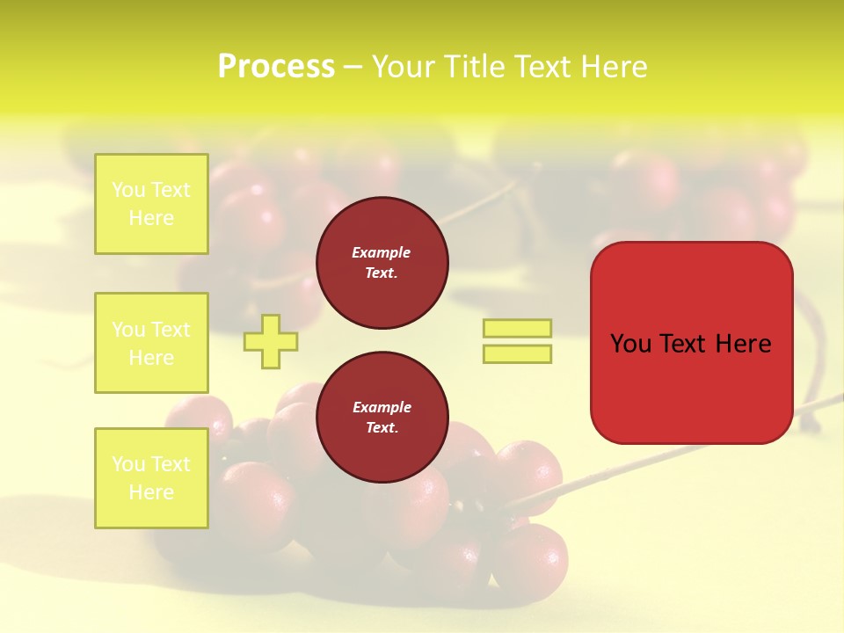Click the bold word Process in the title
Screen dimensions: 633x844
pyautogui.click(x=276, y=67)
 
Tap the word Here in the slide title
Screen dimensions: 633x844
pyautogui.click(x=613, y=67)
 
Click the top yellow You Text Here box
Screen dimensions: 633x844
pyautogui.click(x=151, y=204)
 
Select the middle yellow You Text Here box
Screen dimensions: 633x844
pyautogui.click(x=151, y=343)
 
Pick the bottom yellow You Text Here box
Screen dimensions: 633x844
pyautogui.click(x=151, y=477)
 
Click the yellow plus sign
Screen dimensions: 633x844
pyautogui.click(x=271, y=341)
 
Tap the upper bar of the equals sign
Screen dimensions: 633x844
pyautogui.click(x=517, y=328)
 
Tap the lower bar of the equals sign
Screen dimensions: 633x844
pyautogui.click(x=517, y=353)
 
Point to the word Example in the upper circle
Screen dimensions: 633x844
pyautogui.click(x=382, y=252)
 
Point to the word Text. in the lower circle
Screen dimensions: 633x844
pyautogui.click(x=382, y=428)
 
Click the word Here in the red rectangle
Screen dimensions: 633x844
pyautogui.click(x=743, y=344)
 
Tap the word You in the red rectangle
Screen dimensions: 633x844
pyautogui.click(x=629, y=344)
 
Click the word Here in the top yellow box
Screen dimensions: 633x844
pyautogui.click(x=151, y=218)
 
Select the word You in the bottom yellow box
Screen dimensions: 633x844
pyautogui.click(x=128, y=464)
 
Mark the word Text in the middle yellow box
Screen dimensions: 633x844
pyautogui.click(x=170, y=330)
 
